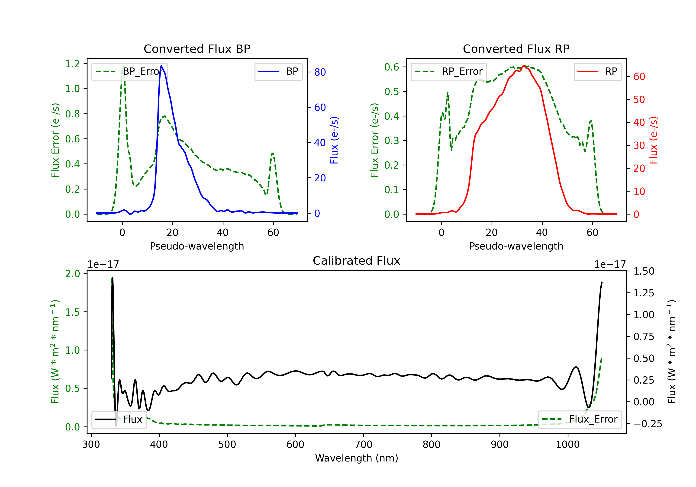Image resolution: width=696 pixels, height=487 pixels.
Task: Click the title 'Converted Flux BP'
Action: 197,49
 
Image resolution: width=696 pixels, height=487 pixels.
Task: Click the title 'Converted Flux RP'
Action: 516,49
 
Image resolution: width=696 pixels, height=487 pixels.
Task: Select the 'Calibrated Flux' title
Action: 357,261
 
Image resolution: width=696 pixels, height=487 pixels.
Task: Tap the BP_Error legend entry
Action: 130,71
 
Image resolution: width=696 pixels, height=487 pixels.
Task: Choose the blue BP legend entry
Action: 278,71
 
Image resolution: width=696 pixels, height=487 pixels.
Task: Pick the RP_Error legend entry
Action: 449,71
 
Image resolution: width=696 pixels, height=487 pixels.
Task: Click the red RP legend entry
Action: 597,71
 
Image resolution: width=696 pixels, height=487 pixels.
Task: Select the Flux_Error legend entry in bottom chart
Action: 580,420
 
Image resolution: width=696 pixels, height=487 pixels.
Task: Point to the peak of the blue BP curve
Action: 161,66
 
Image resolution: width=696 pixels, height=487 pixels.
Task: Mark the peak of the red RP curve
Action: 524,66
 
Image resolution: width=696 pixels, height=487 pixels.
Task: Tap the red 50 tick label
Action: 639,99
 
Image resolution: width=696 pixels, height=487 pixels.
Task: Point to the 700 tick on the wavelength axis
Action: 364,444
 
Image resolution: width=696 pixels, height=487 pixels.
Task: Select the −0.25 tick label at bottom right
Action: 648,424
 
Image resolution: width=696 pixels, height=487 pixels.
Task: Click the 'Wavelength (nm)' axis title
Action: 357,458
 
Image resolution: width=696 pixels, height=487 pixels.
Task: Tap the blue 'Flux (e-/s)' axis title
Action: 334,140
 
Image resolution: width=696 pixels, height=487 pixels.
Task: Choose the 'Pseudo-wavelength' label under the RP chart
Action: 516,246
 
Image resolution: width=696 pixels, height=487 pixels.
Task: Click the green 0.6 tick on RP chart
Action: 392,67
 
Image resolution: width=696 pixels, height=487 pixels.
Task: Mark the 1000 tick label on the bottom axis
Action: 567,444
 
